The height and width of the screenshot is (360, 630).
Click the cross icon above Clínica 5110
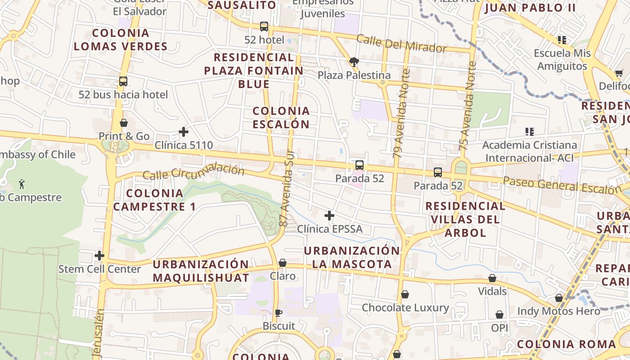pos(184,132)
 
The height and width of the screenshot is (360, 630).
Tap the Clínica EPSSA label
pos(330,229)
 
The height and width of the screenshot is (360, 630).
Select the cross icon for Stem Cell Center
pos(99,256)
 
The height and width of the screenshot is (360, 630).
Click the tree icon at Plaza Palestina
pos(354,62)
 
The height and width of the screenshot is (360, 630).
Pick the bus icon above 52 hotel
pos(264,27)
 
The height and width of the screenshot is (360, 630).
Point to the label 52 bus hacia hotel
pos(123,94)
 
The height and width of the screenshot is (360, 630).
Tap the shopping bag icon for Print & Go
pos(124,123)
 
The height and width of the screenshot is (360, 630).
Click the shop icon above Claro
pos(283,263)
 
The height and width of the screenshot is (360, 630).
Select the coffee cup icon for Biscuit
pos(279,313)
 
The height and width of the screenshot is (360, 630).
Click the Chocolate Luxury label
pos(405,308)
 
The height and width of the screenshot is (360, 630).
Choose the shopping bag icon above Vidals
pos(492,278)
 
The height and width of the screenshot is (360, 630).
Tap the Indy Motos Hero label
pos(558,311)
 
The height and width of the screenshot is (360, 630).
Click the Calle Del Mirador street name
pos(401,43)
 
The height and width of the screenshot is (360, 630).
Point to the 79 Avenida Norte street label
pos(401,113)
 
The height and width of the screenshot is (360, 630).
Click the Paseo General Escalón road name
pos(562,185)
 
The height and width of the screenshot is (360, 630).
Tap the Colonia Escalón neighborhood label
pos(281,117)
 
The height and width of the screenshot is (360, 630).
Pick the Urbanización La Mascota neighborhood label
pos(352,257)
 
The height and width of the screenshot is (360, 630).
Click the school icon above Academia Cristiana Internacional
pos(530,132)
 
